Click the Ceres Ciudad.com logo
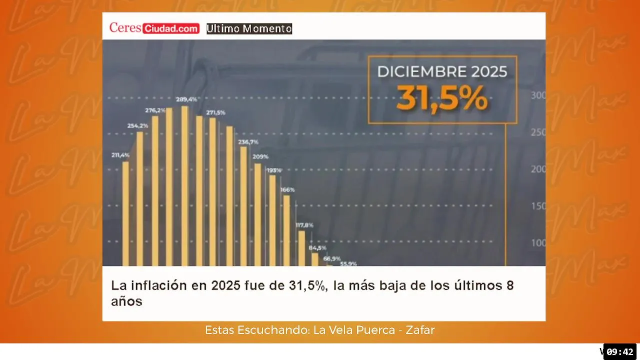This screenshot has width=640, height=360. coord(154,28)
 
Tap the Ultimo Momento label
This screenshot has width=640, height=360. coord(249,28)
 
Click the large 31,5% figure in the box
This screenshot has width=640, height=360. coord(442,99)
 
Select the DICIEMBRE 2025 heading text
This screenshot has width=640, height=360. coord(442,71)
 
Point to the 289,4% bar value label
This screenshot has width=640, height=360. coord(186,99)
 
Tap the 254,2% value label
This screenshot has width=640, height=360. coord(137,125)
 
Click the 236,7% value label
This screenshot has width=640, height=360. coord(248,142)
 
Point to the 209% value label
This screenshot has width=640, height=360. coord(260,156)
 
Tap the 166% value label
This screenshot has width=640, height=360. coord(287,189)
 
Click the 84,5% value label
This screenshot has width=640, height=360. coord(317,247)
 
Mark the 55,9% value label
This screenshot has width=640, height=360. coord(348,263)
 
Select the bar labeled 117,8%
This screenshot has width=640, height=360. coord(301,248)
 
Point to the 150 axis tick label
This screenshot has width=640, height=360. coord(538,206)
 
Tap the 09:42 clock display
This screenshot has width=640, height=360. coord(620,351)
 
